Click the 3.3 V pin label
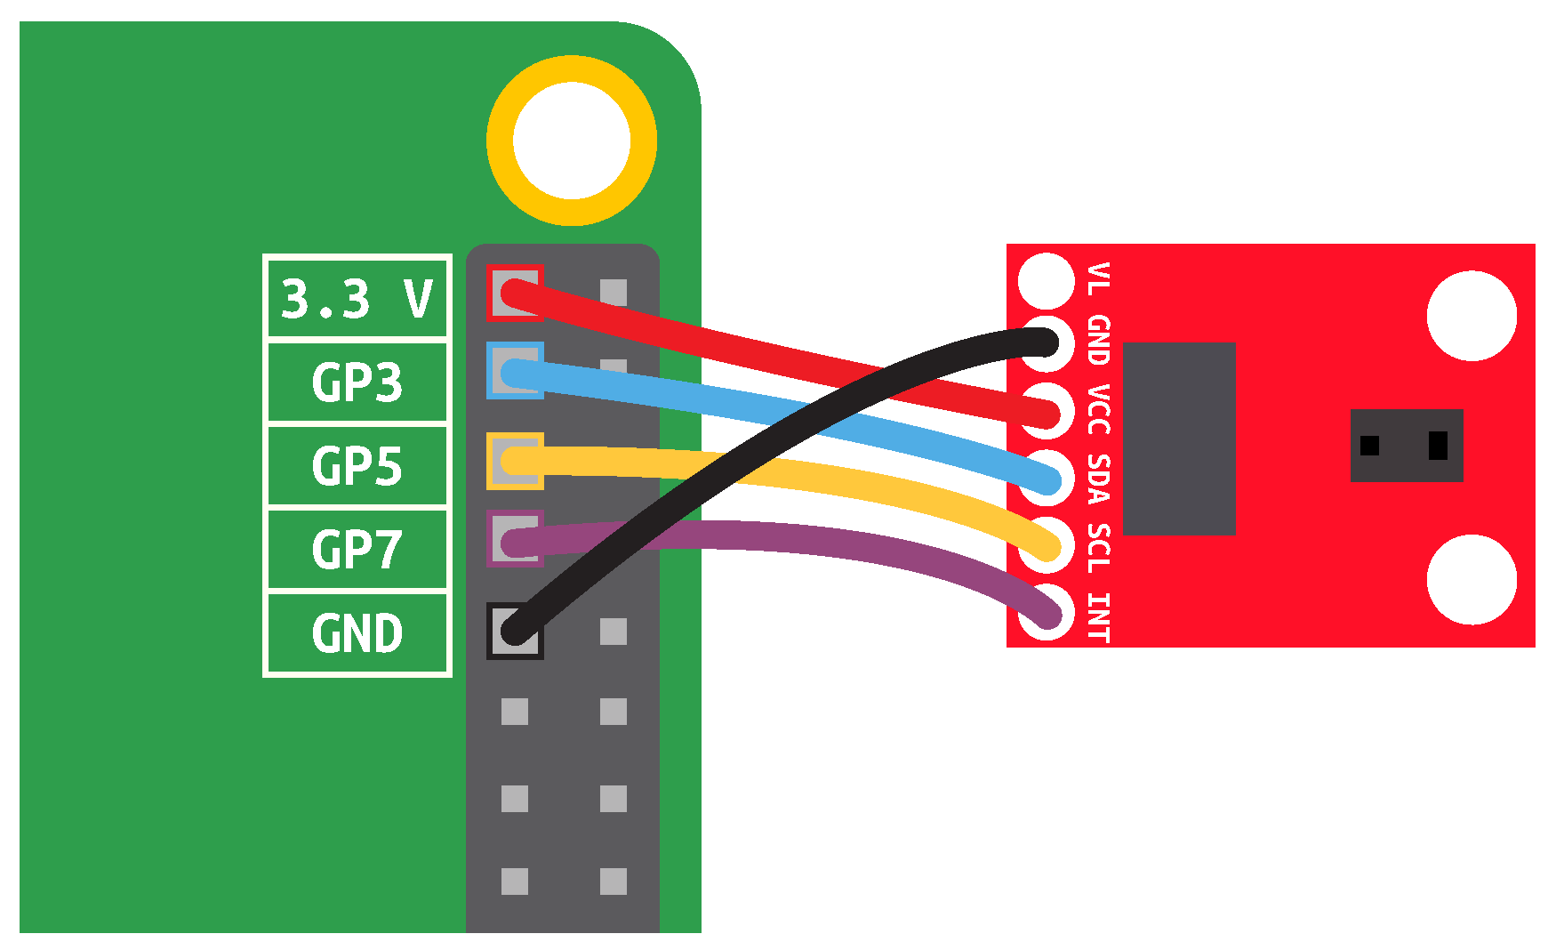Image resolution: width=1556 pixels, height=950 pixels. tap(357, 298)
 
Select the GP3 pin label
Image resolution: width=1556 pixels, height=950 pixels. tap(357, 382)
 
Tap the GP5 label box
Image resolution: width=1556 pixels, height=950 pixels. tap(357, 466)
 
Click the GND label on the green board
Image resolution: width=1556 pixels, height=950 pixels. tap(357, 633)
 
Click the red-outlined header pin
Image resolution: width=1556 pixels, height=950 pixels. tap(515, 293)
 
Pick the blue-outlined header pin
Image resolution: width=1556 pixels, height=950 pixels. tap(515, 371)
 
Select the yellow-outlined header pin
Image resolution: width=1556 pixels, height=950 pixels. tap(515, 461)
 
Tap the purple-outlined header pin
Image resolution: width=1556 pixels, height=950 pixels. tap(515, 539)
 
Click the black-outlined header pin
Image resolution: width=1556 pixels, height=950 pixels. tap(515, 632)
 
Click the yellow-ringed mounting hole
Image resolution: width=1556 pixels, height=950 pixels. tap(572, 141)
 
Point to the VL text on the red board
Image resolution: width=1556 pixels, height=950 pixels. tap(1099, 278)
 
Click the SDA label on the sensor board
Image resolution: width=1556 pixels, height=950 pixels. tap(1099, 479)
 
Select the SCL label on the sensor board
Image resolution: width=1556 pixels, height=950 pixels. tap(1099, 548)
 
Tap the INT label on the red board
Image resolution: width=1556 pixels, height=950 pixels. tap(1099, 616)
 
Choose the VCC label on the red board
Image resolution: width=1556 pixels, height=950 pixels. tap(1099, 409)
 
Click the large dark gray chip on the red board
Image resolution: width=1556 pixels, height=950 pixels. tap(1179, 439)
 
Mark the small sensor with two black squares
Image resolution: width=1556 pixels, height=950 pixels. tap(1406, 445)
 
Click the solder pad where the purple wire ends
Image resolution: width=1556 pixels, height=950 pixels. tap(1047, 612)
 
